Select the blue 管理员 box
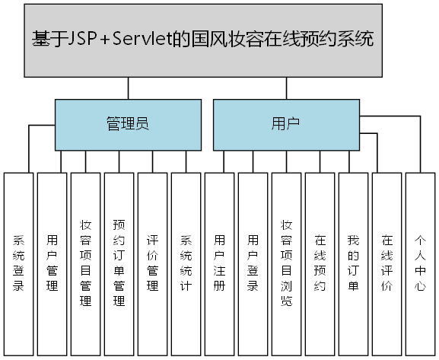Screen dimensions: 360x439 tap(128, 124)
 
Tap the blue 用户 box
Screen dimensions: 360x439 tap(285, 124)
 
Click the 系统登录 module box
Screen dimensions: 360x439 tap(18, 263)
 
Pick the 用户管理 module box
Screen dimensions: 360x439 tap(52, 263)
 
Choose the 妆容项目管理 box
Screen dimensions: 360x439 tap(85, 263)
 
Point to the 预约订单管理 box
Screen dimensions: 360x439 tap(119, 263)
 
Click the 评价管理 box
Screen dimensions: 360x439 tap(152, 263)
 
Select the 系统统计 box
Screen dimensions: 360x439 tap(186, 263)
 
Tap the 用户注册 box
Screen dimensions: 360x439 tap(219, 263)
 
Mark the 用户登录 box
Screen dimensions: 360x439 tap(253, 263)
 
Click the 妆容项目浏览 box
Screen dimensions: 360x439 tap(286, 263)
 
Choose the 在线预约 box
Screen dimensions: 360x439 tap(320, 263)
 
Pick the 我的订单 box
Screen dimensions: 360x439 tap(353, 263)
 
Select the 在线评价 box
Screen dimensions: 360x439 tap(387, 263)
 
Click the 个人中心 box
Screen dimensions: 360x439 tap(420, 263)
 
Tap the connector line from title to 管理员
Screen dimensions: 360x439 tap(128, 88)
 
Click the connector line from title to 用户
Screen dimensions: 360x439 tap(285, 88)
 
